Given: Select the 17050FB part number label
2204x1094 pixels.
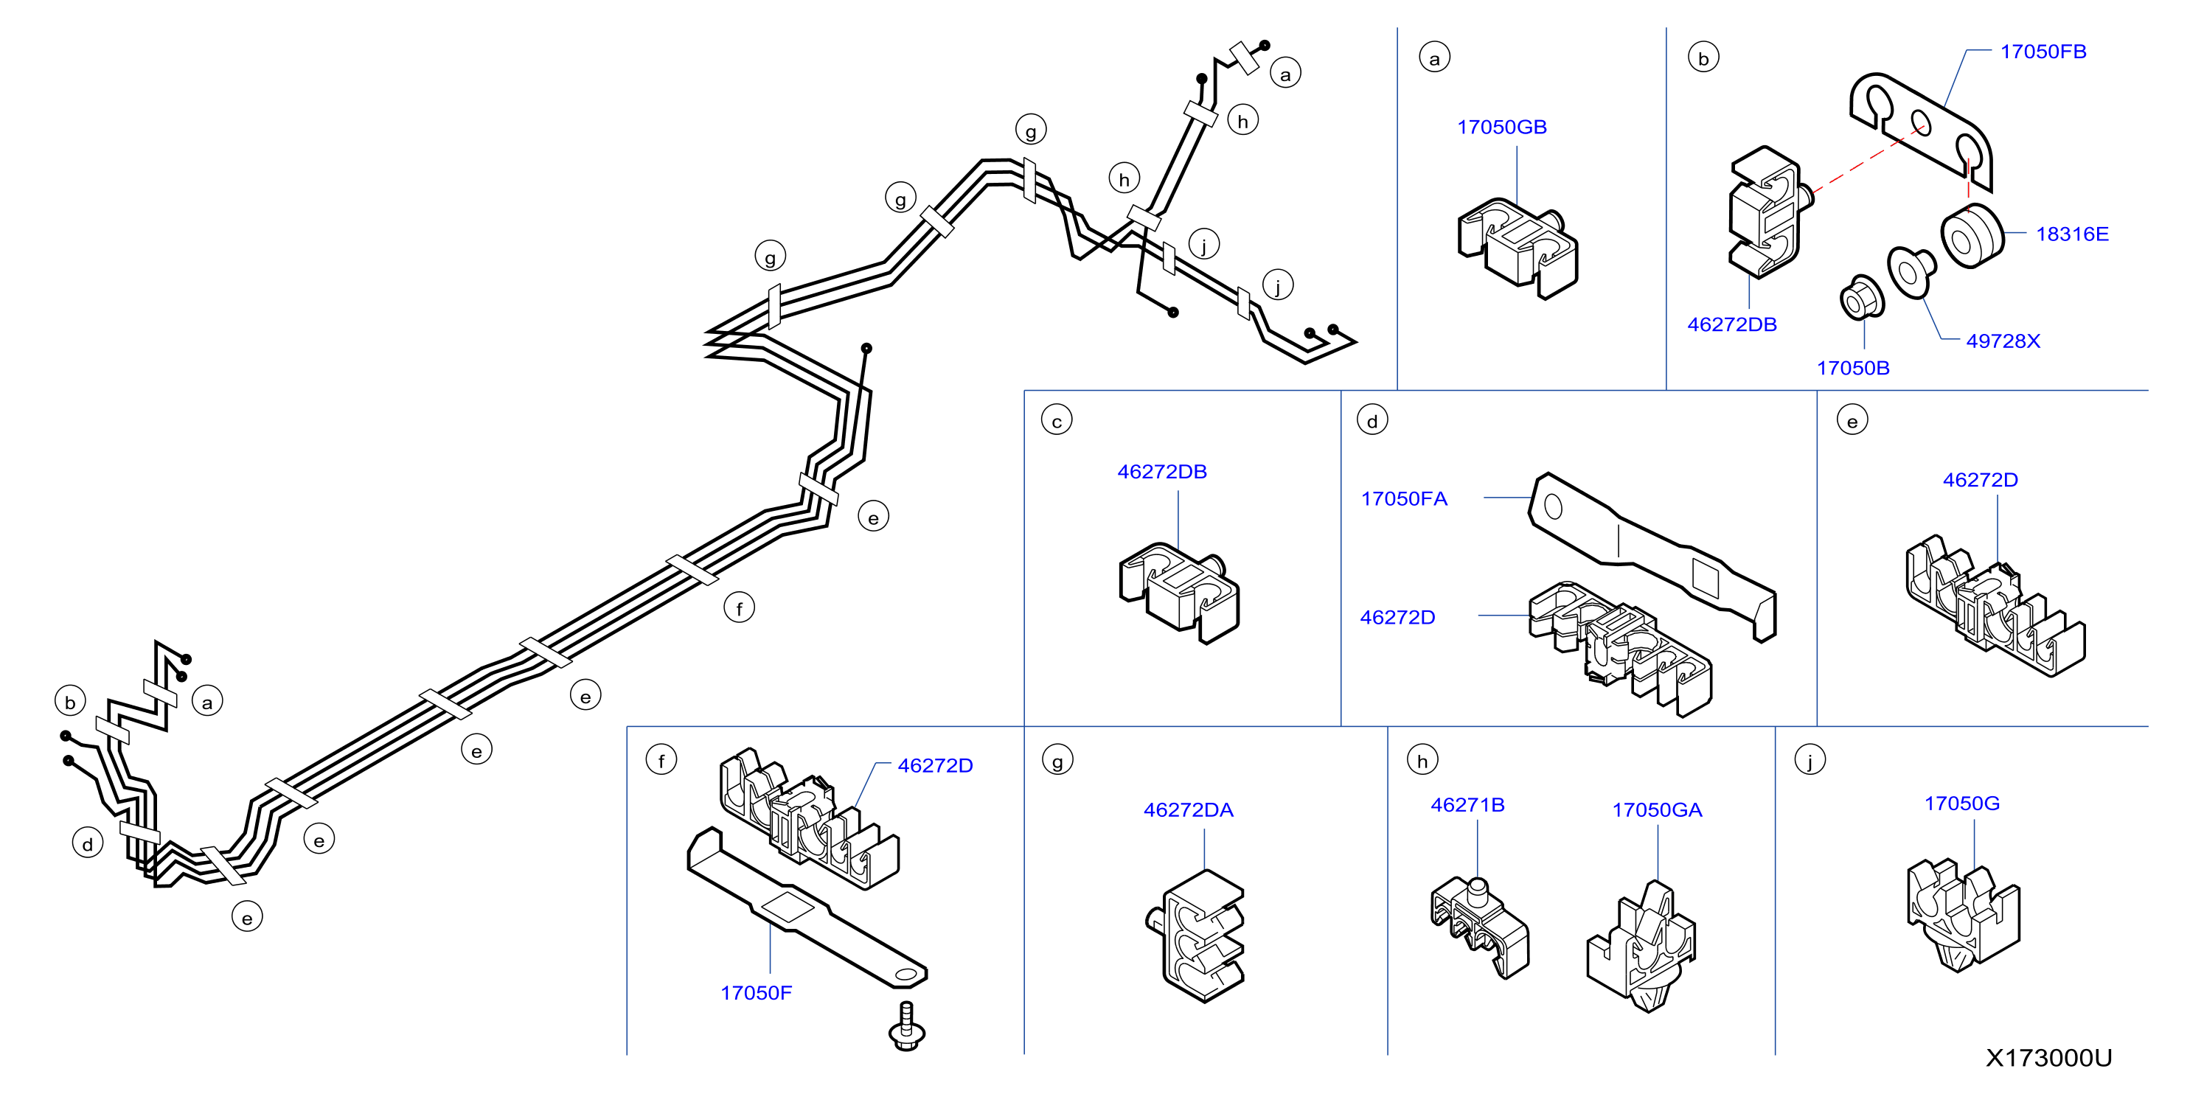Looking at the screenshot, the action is coord(2043,52).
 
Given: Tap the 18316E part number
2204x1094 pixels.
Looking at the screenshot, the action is coord(2072,234).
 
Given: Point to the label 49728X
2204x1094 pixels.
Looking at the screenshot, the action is coord(2003,341).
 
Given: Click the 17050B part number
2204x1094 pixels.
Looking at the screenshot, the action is coord(1853,369).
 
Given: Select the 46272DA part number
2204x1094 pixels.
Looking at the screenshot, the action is coord(1189,811).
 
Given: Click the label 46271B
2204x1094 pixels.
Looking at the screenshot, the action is coord(1467,806).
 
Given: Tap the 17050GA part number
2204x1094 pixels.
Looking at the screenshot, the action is coord(1658,811).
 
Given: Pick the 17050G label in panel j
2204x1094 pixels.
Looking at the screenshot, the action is coord(1962,804).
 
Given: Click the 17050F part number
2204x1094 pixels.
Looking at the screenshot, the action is coord(757,994).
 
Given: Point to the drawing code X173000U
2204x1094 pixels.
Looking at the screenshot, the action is coord(2048,1059).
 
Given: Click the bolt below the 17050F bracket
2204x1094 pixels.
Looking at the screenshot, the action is coord(907,1026).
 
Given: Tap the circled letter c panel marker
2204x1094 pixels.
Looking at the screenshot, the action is coord(1057,421).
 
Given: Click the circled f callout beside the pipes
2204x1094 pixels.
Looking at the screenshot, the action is coord(740,608).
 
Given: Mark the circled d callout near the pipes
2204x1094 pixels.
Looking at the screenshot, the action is coord(87,844).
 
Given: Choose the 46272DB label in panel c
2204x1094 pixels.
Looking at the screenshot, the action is coord(1162,472).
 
